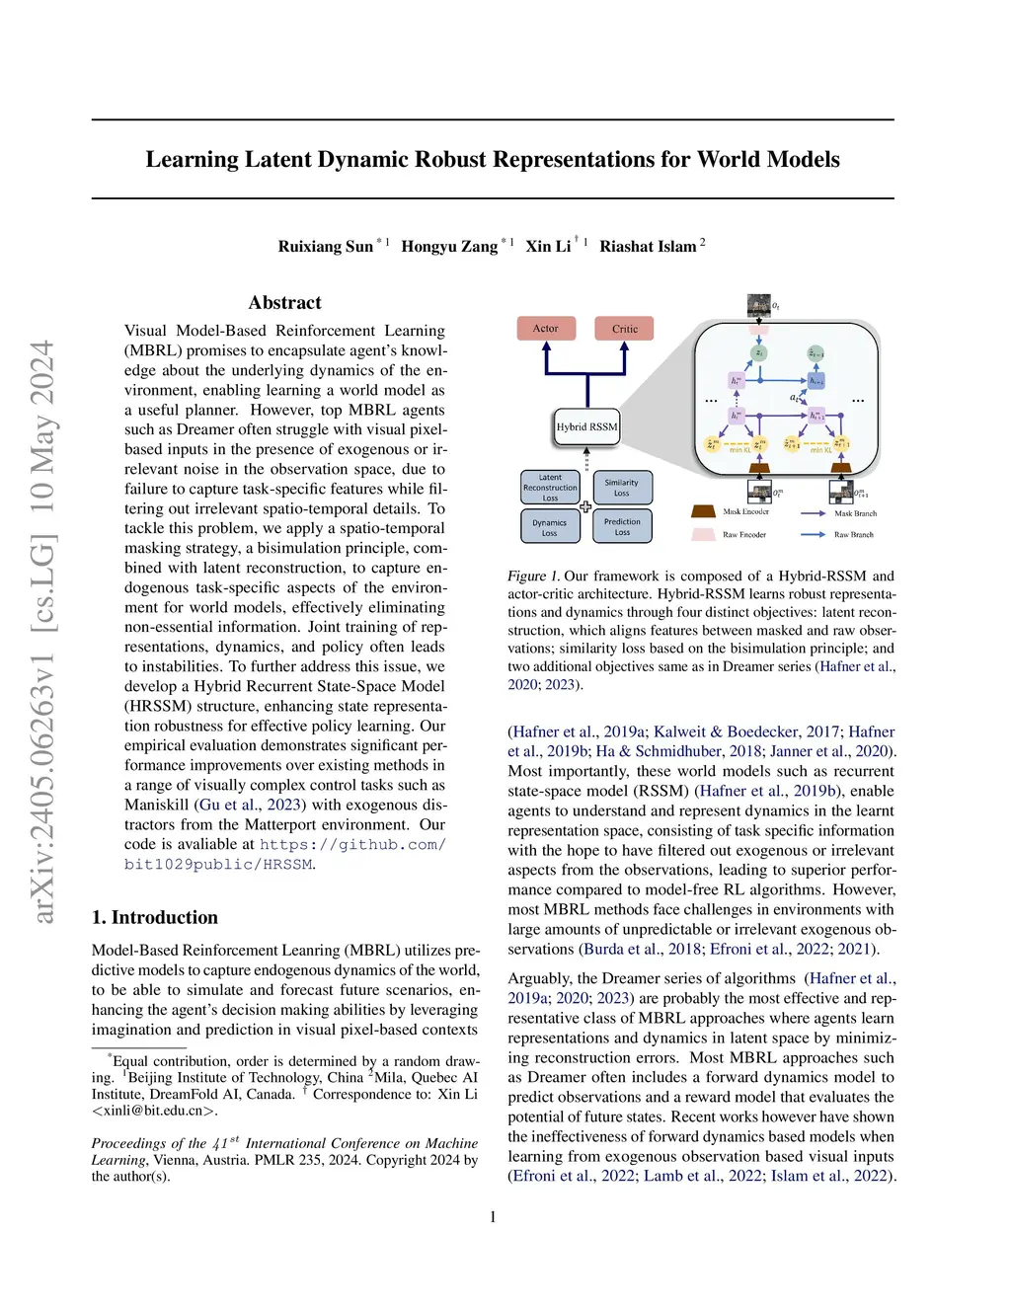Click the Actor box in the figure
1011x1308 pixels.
[546, 329]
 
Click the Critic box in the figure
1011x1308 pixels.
[624, 329]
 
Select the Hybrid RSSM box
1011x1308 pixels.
[586, 426]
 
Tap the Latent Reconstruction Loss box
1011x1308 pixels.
[550, 488]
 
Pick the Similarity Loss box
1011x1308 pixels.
[622, 488]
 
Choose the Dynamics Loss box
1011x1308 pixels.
[550, 527]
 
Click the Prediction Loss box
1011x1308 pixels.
[622, 527]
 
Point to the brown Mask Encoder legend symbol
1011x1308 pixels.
[703, 511]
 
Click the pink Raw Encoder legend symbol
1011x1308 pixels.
[703, 534]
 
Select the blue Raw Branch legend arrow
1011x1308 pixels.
[813, 534]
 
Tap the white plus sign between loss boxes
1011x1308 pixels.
[585, 506]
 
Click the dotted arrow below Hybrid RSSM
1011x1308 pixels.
[586, 458]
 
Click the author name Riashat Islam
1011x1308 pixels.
[648, 247]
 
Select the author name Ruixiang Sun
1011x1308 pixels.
[326, 247]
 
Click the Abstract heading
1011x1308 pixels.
[284, 303]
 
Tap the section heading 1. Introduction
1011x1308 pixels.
[155, 917]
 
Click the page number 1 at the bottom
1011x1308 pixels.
[493, 1217]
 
